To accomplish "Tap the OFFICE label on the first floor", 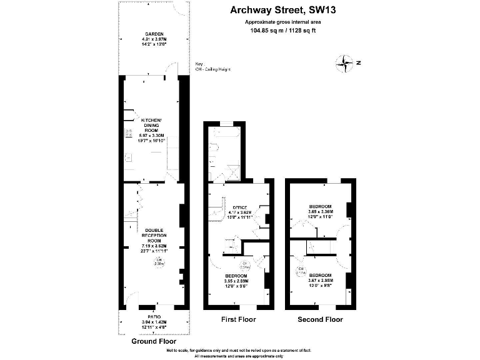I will pyautogui.click(x=241, y=207).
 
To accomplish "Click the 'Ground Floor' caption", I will pyautogui.click(x=153, y=342).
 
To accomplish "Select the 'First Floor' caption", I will pyautogui.click(x=238, y=319).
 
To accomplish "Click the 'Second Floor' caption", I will pyautogui.click(x=319, y=319).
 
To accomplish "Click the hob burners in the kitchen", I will pyautogui.click(x=128, y=133).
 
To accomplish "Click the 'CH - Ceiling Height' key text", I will pyautogui.click(x=213, y=69).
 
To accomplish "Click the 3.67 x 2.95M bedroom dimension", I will pyautogui.click(x=319, y=281).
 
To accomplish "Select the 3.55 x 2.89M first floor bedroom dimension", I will pyautogui.click(x=236, y=281).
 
